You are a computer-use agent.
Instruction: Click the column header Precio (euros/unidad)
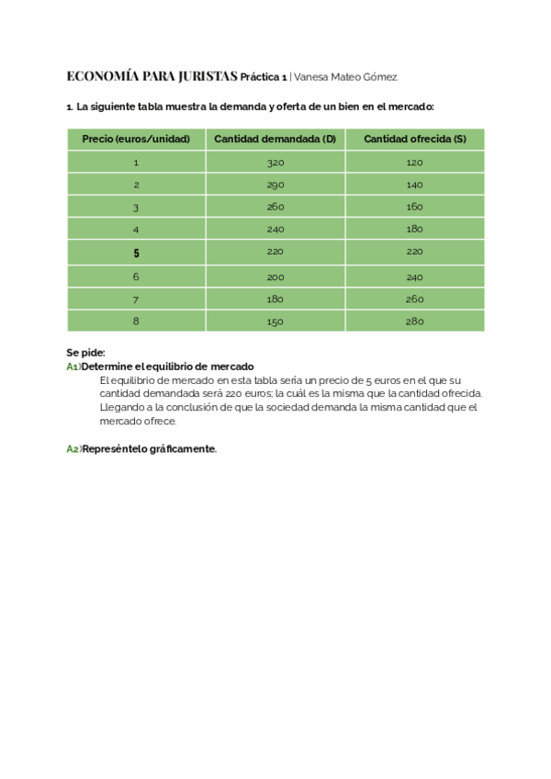coord(136,139)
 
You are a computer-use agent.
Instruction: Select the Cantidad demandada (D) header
coord(275,139)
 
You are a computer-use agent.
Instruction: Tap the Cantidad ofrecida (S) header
coord(414,139)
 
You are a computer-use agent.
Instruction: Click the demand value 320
coord(275,163)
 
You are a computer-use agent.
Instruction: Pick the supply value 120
coord(414,163)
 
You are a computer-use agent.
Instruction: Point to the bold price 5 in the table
coord(136,253)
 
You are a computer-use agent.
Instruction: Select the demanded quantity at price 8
coord(275,322)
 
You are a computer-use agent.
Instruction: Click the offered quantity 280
coord(414,322)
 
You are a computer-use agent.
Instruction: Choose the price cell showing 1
coord(136,163)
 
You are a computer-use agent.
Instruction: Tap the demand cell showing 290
coord(275,185)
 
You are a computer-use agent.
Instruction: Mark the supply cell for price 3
coord(414,207)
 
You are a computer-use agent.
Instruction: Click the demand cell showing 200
coord(275,277)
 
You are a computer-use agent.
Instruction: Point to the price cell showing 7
coord(136,299)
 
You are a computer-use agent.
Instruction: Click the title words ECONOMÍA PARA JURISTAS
coord(152,75)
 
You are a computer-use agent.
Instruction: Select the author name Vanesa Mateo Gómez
coord(346,76)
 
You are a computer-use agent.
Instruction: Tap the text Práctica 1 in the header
coord(264,76)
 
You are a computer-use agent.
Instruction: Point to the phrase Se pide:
coord(85,353)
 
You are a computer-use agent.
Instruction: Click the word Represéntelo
coord(112,448)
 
